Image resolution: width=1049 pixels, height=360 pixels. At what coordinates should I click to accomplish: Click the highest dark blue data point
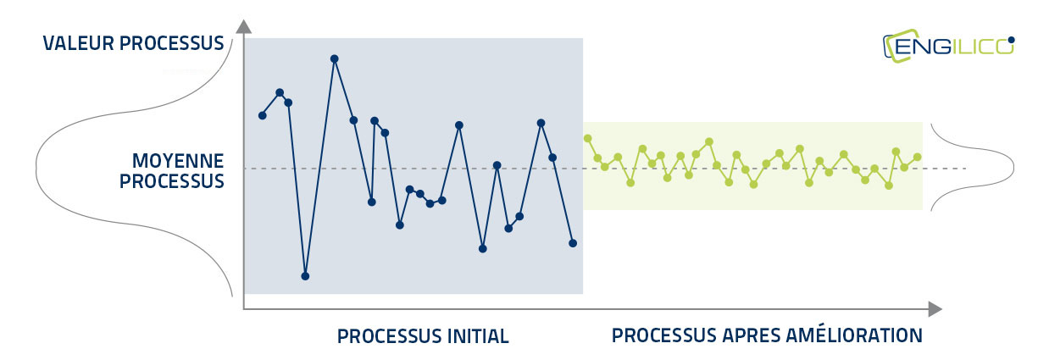pyautogui.click(x=335, y=59)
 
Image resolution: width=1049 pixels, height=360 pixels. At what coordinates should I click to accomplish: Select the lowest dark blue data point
pyautogui.click(x=305, y=276)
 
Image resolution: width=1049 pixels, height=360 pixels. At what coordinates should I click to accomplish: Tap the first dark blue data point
pyautogui.click(x=263, y=116)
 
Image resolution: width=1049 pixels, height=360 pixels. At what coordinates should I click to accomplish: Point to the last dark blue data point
pyautogui.click(x=573, y=243)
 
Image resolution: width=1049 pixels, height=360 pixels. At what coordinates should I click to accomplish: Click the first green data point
pyautogui.click(x=588, y=139)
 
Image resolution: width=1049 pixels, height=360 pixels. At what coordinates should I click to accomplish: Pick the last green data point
pyautogui.click(x=918, y=158)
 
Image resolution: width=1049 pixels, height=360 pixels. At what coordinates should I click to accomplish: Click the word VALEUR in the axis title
pyautogui.click(x=78, y=43)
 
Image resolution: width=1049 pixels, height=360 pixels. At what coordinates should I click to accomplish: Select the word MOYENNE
pyautogui.click(x=178, y=161)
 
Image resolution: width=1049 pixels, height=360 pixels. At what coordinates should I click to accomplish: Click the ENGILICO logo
pyautogui.click(x=949, y=47)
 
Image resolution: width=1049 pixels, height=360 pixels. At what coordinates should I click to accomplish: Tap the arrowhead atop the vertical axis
pyautogui.click(x=243, y=27)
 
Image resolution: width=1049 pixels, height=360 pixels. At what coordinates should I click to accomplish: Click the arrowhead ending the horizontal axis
pyautogui.click(x=935, y=309)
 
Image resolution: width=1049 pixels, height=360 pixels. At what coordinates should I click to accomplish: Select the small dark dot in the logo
pyautogui.click(x=1012, y=41)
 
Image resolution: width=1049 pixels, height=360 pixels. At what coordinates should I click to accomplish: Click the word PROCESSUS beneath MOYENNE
pyautogui.click(x=172, y=181)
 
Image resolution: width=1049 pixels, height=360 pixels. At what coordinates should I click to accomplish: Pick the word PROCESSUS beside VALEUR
pyautogui.click(x=172, y=43)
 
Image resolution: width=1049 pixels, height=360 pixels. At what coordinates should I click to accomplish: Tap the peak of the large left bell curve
pyautogui.click(x=36, y=166)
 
